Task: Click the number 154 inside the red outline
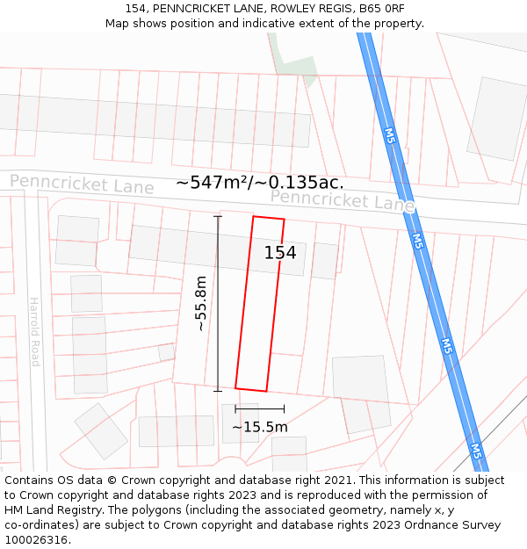pyautogui.click(x=280, y=253)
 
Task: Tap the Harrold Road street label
pyautogui.click(x=34, y=330)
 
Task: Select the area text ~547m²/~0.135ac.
pyautogui.click(x=260, y=183)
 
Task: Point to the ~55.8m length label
pyautogui.click(x=201, y=303)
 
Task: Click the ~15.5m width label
pyautogui.click(x=260, y=427)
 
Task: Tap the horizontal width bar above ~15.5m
pyautogui.click(x=260, y=408)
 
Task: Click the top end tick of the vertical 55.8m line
pyautogui.click(x=218, y=216)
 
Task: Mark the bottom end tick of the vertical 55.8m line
pyautogui.click(x=218, y=391)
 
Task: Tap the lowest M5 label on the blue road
pyautogui.click(x=475, y=451)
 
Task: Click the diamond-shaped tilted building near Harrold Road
pyautogui.click(x=101, y=430)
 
